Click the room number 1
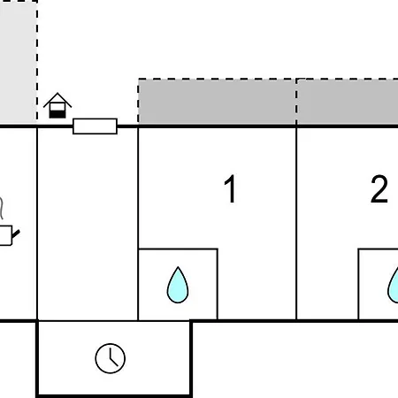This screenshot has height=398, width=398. tap(230, 188)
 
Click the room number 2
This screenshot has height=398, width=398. tap(379, 188)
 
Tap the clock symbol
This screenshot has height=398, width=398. tap(111, 358)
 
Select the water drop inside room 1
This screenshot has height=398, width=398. tap(178, 285)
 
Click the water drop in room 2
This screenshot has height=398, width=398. tap(394, 285)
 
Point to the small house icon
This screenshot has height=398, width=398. tap(57, 105)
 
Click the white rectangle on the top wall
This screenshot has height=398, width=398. tap(95, 126)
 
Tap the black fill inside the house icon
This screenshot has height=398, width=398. tap(57, 113)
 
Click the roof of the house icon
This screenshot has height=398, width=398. tap(57, 100)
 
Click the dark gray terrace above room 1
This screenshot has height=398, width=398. tap(218, 102)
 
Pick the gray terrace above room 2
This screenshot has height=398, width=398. tap(348, 102)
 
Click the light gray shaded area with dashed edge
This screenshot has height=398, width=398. tap(19, 61)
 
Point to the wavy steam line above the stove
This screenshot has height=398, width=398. tap(2, 208)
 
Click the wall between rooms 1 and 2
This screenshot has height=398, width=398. tap(296, 223)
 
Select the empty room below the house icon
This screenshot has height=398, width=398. tap(88, 223)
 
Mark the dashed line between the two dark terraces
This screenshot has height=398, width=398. tap(296, 102)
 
